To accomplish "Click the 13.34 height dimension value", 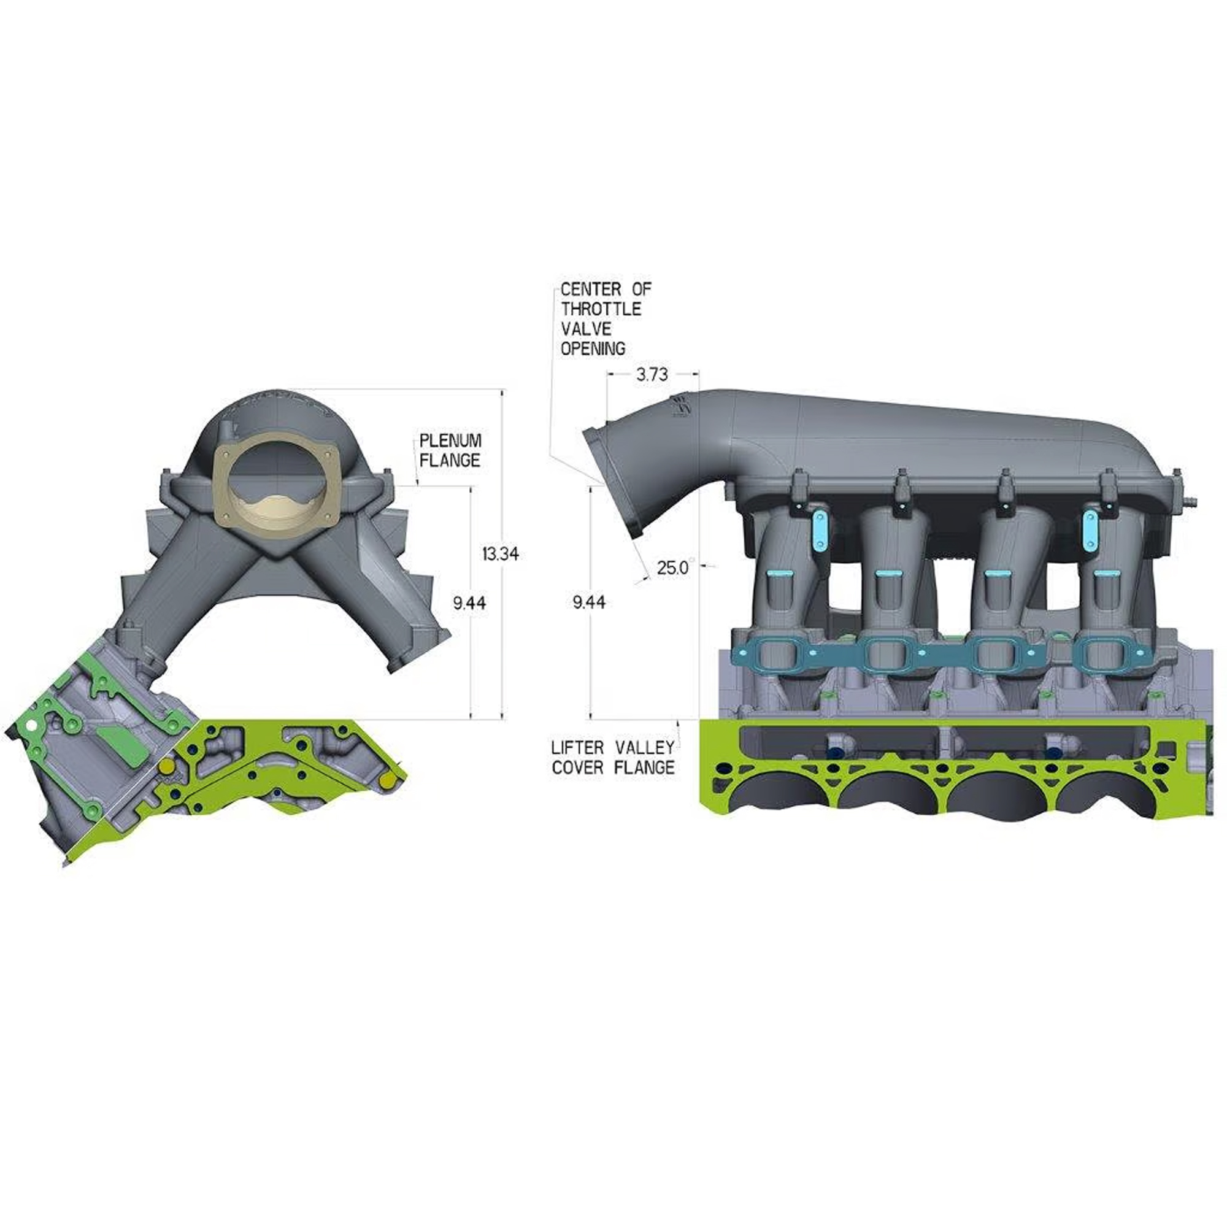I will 500,554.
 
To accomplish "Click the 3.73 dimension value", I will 652,375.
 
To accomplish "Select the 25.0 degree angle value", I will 672,567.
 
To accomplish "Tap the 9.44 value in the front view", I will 469,602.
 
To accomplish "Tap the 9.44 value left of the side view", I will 589,602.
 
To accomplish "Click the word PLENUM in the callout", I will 450,440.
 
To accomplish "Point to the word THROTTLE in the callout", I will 601,309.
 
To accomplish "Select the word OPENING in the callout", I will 593,348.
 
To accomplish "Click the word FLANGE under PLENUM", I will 450,461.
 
